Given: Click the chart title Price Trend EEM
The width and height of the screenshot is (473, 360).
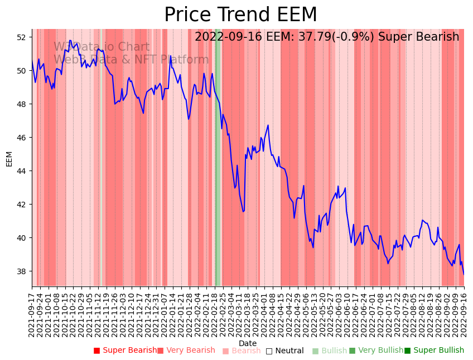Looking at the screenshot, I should point(240,15).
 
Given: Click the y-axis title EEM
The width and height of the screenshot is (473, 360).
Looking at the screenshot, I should point(9,158).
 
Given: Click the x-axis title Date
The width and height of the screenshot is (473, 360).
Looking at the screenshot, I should point(248,343).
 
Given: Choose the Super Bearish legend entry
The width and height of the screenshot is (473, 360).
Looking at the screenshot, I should point(125,351).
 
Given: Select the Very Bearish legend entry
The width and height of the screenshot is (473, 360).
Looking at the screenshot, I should point(186,351).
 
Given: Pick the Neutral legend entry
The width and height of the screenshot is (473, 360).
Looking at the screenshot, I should point(284,351).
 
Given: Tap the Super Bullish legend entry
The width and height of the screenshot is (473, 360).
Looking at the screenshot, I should point(434,351).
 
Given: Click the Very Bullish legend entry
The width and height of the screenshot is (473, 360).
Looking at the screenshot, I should point(376,351).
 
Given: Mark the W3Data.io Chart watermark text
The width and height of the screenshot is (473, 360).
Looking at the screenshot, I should point(102,47).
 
